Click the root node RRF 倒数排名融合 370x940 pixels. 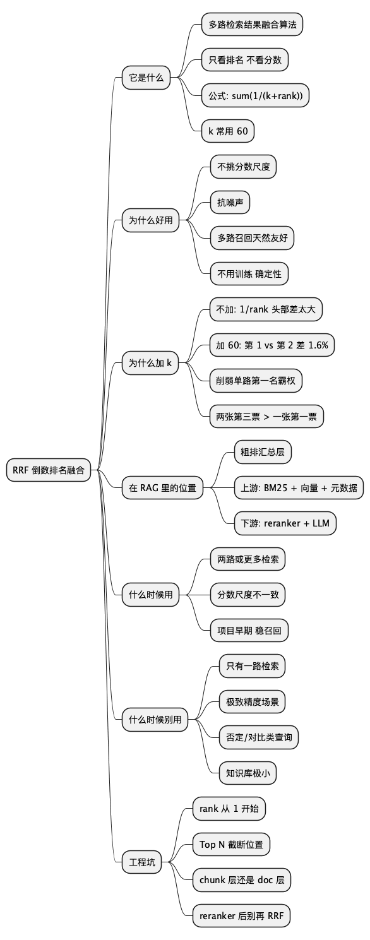point(48,470)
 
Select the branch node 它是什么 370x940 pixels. point(146,78)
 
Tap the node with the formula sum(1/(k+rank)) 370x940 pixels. point(255,96)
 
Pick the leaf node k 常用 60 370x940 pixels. point(228,131)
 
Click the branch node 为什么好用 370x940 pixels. point(150,220)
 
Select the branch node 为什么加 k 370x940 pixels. point(150,363)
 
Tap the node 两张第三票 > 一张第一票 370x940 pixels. point(266,416)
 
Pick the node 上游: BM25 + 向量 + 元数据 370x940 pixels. point(299,487)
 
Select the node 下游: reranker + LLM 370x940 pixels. point(285,523)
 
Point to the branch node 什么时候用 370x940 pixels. point(150,595)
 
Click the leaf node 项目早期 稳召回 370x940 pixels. point(249,630)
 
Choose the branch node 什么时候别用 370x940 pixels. point(155,719)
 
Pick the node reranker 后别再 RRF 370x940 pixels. point(241,915)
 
